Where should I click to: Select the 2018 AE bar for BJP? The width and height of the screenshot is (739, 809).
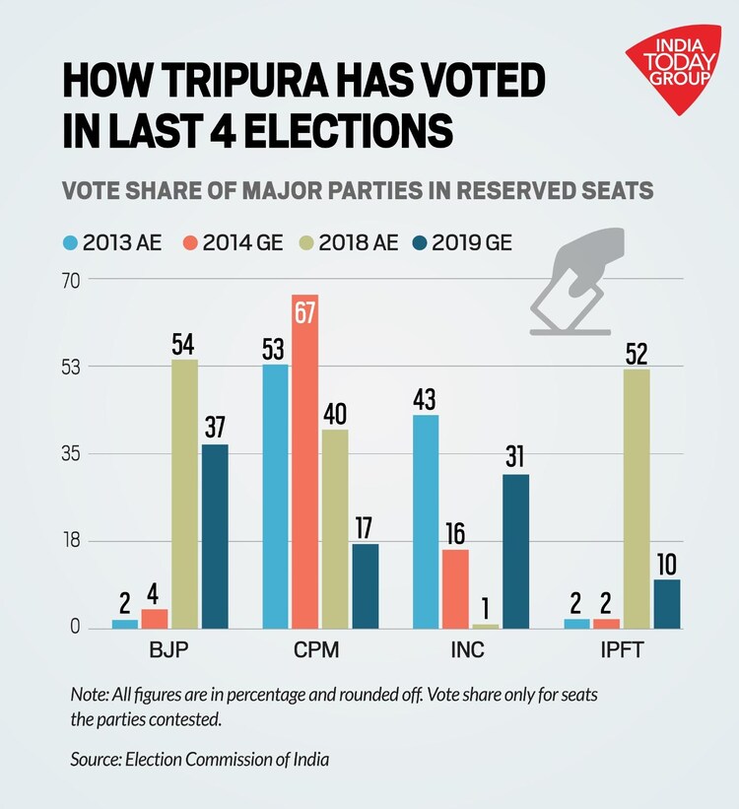tap(184, 493)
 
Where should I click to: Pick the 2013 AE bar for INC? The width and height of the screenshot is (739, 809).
tap(426, 521)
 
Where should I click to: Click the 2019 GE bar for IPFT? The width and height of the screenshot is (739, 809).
tap(666, 603)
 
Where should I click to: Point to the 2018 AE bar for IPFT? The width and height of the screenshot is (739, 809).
tap(637, 498)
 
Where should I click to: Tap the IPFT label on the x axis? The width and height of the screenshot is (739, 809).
tap(623, 651)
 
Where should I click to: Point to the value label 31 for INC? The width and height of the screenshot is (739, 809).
tap(515, 458)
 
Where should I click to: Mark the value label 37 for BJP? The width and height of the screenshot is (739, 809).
tap(215, 429)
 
